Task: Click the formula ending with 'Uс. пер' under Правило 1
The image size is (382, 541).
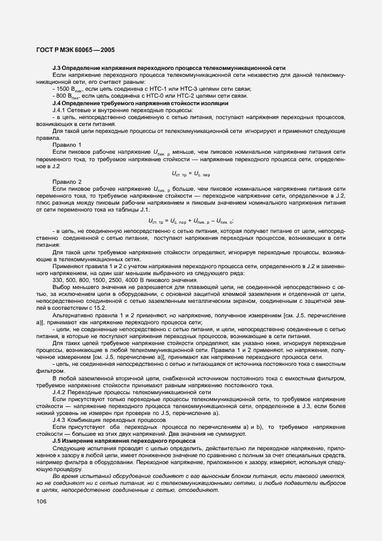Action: (191, 173)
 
